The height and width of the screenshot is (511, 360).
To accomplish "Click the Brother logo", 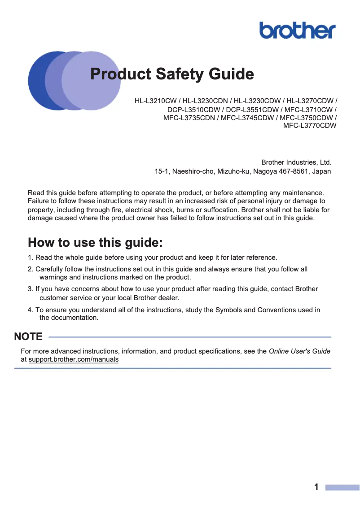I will coord(297,31).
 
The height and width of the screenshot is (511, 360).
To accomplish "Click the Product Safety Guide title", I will coord(172,74).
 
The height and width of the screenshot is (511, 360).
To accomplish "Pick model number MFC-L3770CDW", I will coord(310,126).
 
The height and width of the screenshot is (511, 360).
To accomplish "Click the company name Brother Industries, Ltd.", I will coord(296,162).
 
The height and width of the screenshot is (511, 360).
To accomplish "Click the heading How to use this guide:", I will coord(95,243).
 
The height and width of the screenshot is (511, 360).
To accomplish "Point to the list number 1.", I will coord(30,258).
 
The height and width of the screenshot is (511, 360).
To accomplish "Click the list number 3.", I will coord(30,289).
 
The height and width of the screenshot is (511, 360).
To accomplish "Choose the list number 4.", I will coord(30,310).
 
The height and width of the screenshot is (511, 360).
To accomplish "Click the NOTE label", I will coord(28,336).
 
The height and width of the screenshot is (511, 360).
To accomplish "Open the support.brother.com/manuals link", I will coord(73,359).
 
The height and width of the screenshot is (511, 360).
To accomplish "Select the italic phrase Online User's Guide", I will coord(299,351).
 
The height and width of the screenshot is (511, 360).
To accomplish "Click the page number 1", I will coord(316,487).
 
